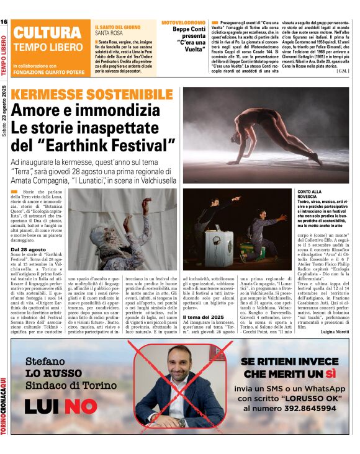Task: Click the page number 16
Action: click(4, 22)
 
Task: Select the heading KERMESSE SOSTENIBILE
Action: click(92, 95)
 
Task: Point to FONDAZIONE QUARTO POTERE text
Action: click(49, 71)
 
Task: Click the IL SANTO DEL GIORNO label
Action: click(117, 28)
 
